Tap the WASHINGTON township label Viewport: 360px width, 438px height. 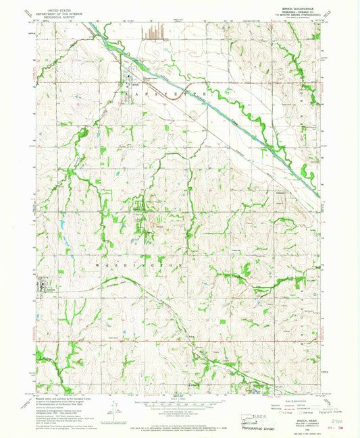143,265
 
